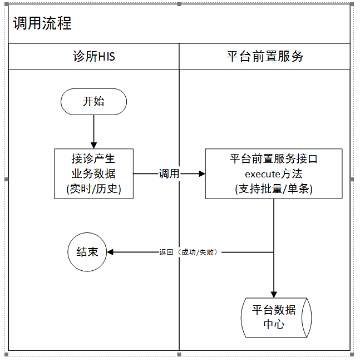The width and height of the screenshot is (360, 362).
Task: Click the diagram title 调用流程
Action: [42, 23]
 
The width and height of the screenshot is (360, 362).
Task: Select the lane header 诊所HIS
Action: [94, 56]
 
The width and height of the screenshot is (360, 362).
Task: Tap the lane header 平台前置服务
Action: [265, 56]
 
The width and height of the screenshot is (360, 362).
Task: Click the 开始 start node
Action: [94, 102]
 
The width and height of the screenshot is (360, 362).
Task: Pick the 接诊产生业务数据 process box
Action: [94, 173]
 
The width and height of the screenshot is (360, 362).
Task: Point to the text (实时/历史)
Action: [94, 189]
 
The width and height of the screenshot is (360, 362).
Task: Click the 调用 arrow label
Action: [169, 173]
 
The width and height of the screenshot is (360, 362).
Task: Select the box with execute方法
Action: [274, 173]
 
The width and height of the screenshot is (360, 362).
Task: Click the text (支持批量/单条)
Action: [274, 189]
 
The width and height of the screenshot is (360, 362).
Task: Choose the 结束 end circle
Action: [87, 252]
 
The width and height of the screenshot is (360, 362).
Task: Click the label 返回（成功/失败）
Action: [188, 252]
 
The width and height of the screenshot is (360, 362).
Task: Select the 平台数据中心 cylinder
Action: [276, 318]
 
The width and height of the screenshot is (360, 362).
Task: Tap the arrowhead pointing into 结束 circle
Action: [110, 252]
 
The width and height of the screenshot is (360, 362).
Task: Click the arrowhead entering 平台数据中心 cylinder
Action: [274, 295]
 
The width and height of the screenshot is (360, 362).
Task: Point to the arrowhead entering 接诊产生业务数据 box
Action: [94, 146]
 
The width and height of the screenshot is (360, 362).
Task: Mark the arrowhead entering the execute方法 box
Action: [202, 173]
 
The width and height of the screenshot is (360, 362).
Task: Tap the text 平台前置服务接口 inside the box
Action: [274, 159]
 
